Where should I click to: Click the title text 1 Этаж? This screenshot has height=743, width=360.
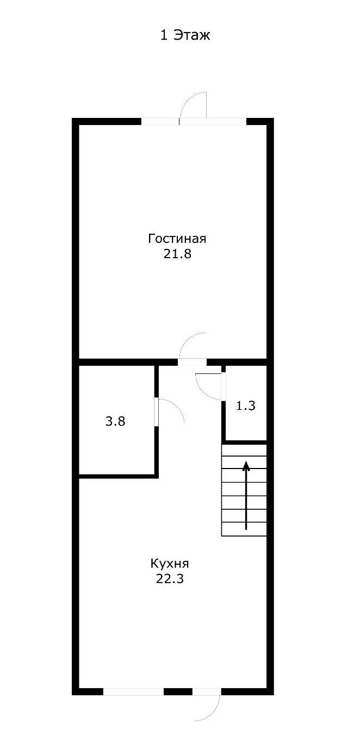coord(185,36)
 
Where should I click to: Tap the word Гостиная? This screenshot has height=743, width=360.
coord(177,239)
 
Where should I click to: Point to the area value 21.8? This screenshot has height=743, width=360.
coord(177,254)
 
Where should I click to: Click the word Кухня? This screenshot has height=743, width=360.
coord(170,563)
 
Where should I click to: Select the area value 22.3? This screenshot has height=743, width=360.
coord(170,579)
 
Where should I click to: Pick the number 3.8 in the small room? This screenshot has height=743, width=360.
coord(115,421)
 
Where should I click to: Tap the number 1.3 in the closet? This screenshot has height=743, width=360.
coord(246,405)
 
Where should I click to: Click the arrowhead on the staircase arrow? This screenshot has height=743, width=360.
coord(246,465)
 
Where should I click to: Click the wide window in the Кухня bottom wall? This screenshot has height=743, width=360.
coord(133,691)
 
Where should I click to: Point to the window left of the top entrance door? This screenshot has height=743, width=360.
coord(160,121)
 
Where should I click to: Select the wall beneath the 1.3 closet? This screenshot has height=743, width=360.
coord(245,441)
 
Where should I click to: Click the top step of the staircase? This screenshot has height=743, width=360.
coord(244,450)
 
